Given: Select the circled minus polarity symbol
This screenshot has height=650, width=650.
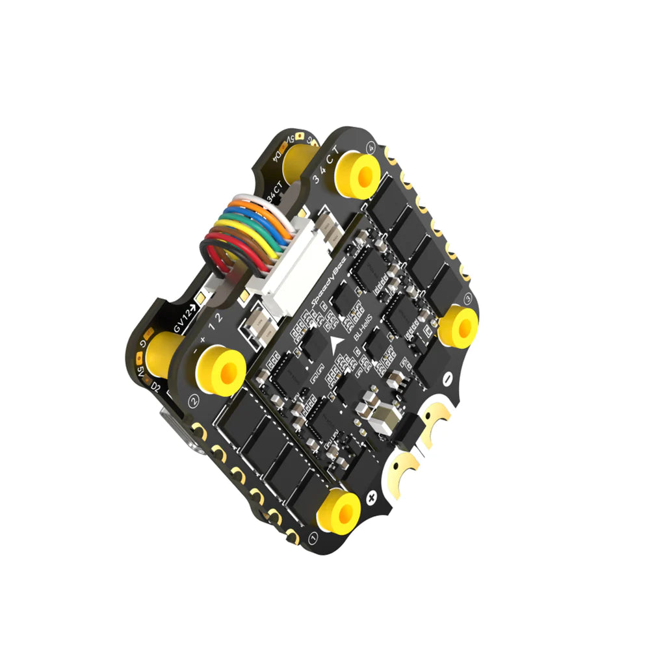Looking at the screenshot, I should pyautogui.click(x=447, y=378).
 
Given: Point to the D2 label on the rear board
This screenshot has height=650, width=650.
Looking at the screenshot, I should pyautogui.click(x=156, y=387).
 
